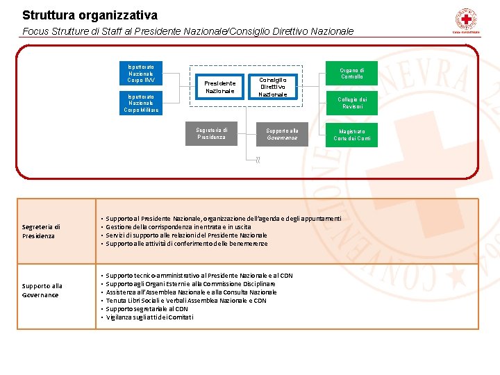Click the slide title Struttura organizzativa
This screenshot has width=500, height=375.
click(x=90, y=15)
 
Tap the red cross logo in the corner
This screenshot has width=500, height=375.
click(x=465, y=19)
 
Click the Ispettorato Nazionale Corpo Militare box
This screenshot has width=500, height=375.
click(x=141, y=103)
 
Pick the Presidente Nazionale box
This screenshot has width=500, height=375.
click(x=219, y=87)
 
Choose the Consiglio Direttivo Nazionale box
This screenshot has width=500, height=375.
click(x=272, y=87)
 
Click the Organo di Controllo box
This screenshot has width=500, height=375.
click(x=351, y=73)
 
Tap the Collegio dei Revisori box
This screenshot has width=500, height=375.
click(x=351, y=103)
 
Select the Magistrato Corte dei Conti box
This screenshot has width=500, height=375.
click(x=351, y=134)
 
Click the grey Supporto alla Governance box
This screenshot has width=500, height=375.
click(x=281, y=133)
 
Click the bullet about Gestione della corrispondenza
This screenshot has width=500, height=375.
click(x=178, y=226)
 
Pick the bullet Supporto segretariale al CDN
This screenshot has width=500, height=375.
click(x=147, y=309)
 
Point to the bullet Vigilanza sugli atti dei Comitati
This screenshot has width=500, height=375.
click(x=150, y=317)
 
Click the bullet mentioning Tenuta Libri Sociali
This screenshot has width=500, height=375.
click(x=186, y=301)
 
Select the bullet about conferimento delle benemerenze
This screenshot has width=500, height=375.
click(x=187, y=244)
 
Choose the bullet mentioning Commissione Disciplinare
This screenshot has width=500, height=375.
click(x=190, y=284)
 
